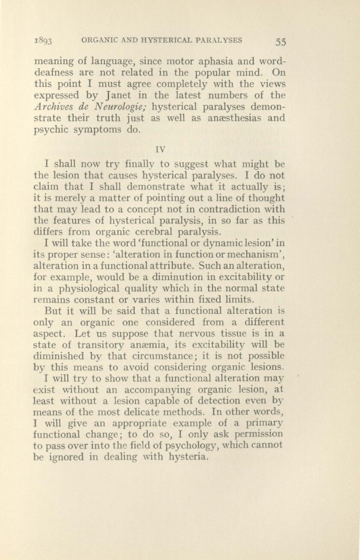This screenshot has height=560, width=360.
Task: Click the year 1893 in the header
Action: [44, 40]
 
